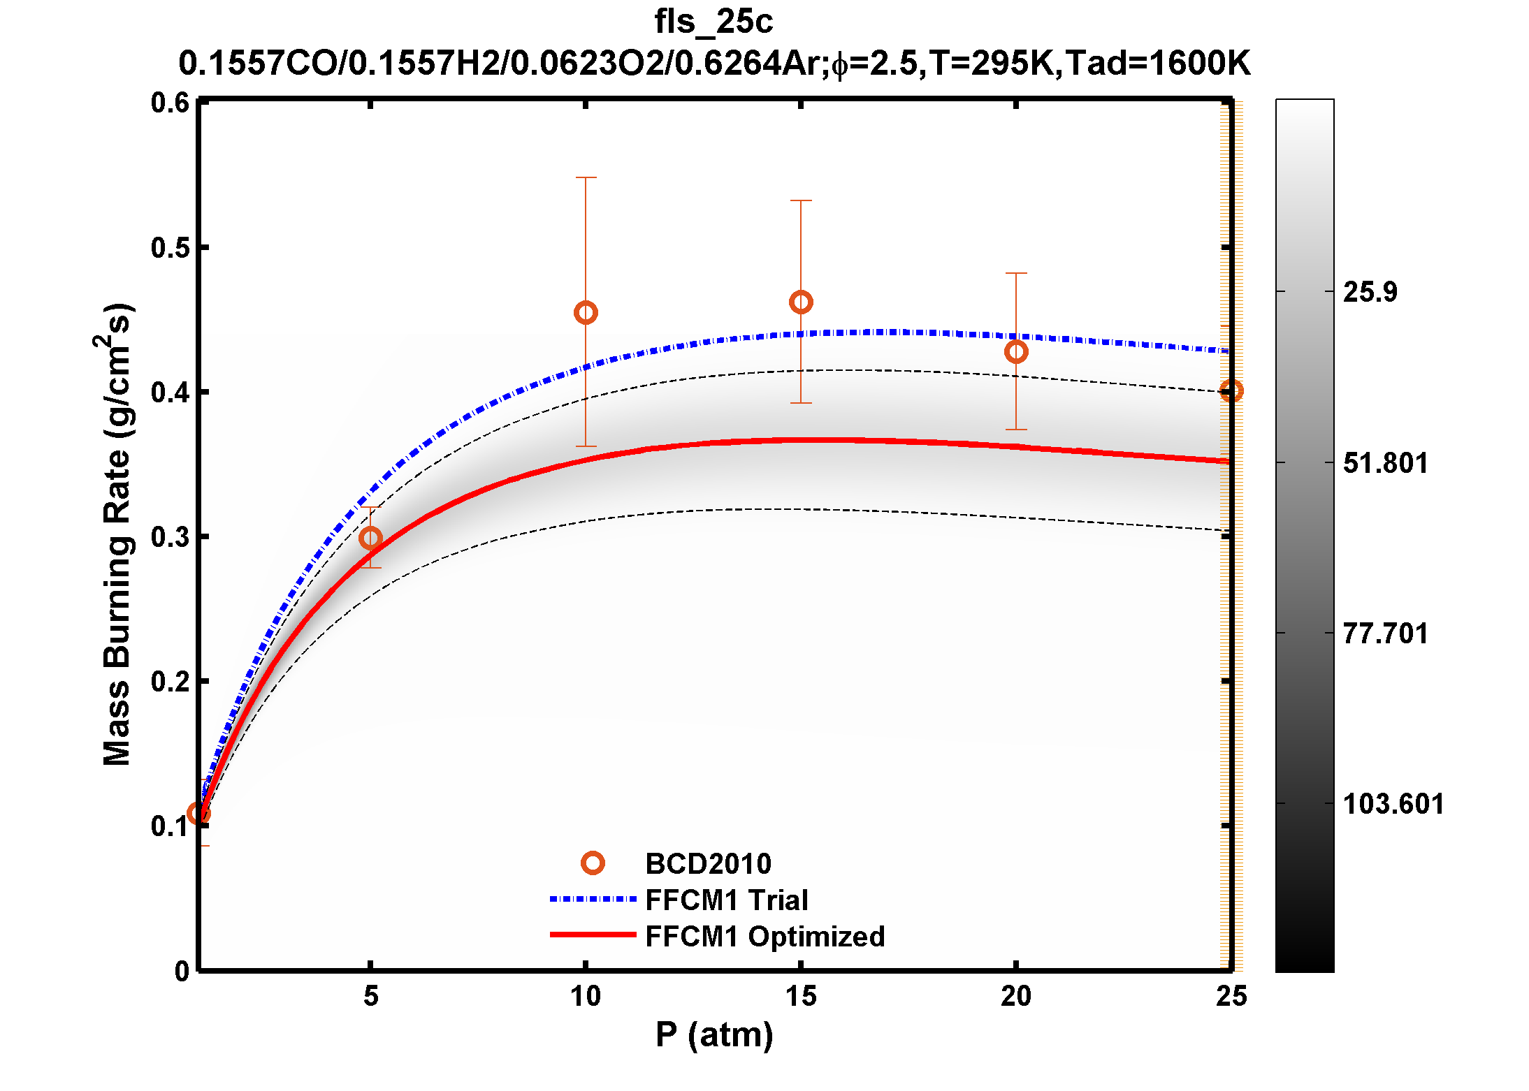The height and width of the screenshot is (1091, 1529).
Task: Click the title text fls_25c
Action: click(713, 22)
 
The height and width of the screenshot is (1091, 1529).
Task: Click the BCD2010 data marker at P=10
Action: click(586, 312)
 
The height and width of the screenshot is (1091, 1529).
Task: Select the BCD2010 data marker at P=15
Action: click(801, 302)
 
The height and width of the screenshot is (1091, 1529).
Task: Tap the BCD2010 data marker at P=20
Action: click(1016, 351)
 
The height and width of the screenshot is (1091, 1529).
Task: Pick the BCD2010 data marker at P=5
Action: click(370, 538)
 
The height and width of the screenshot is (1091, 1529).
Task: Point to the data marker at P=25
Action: click(1231, 390)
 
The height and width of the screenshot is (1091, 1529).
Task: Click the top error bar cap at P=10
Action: click(586, 178)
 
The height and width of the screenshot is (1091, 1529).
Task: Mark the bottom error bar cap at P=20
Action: click(1016, 430)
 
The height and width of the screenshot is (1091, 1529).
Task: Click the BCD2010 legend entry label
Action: click(708, 864)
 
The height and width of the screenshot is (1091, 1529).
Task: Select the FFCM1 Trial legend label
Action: click(727, 900)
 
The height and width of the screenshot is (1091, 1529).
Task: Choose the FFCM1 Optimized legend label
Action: click(764, 937)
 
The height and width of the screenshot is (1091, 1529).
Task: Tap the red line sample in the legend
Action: click(593, 935)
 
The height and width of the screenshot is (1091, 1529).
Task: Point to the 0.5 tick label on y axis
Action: click(170, 248)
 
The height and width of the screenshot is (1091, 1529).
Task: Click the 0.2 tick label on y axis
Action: click(170, 682)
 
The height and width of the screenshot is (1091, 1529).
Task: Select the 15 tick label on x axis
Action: click(801, 997)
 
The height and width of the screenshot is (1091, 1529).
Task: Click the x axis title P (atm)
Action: click(714, 1034)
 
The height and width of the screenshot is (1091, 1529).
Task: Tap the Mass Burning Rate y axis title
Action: click(117, 534)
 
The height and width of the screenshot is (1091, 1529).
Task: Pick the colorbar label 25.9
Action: click(1370, 292)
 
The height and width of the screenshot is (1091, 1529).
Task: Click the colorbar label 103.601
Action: click(1393, 805)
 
